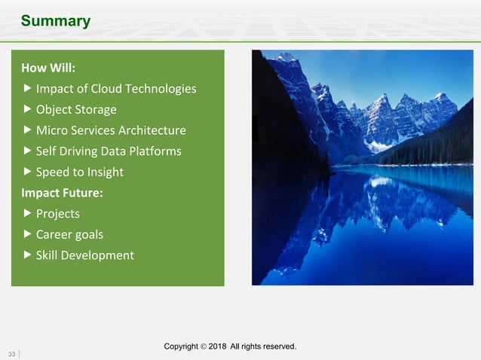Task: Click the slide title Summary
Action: tap(55, 21)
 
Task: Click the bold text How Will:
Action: tap(48, 69)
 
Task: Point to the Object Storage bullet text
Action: tap(76, 110)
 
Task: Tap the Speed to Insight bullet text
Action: tap(79, 172)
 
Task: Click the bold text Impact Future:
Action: tap(62, 193)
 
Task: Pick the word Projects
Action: tap(58, 214)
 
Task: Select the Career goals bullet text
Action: tap(69, 234)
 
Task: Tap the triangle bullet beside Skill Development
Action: tap(28, 255)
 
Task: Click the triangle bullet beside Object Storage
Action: tap(28, 109)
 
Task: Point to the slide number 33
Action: tap(12, 353)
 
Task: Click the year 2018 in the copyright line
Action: tap(218, 346)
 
